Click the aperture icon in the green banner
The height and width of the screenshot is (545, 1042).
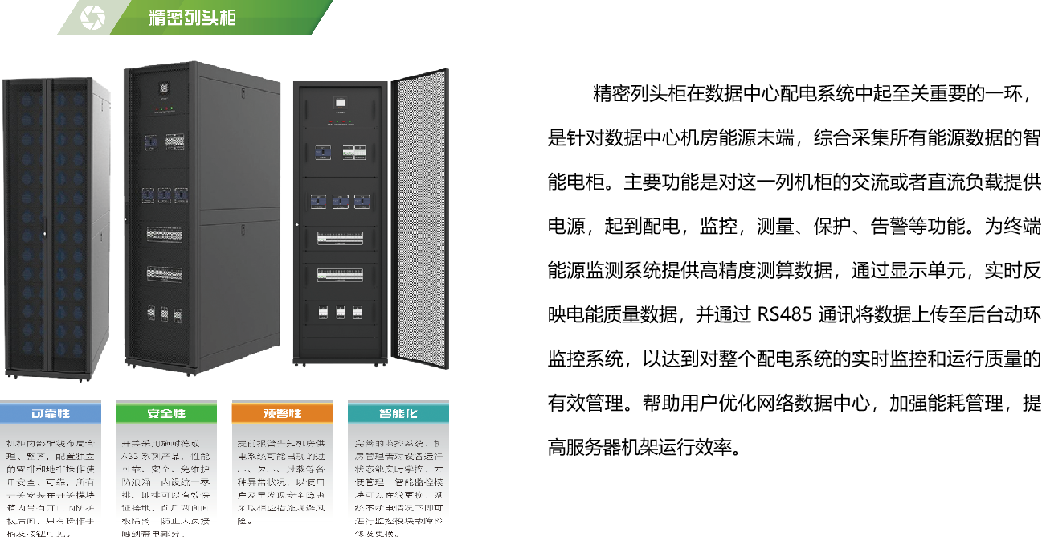pyautogui.click(x=92, y=17)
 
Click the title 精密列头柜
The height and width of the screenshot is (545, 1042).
pyautogui.click(x=193, y=17)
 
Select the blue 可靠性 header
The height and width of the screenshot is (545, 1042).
pyautogui.click(x=51, y=413)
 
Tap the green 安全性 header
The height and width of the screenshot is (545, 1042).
pyautogui.click(x=166, y=413)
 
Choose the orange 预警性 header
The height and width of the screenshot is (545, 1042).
pyautogui.click(x=282, y=413)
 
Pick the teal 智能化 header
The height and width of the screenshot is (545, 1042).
pyautogui.click(x=398, y=413)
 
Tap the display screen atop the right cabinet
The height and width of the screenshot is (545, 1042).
pyautogui.click(x=340, y=104)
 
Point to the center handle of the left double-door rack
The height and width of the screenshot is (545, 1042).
pyautogui.click(x=45, y=234)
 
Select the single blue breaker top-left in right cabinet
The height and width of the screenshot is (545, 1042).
pyautogui.click(x=321, y=151)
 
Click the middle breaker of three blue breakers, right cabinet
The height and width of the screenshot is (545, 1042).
pyautogui.click(x=340, y=201)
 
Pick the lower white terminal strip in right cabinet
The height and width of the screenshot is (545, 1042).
pyautogui.click(x=340, y=275)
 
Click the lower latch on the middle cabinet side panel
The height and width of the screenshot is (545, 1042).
pyautogui.click(x=243, y=231)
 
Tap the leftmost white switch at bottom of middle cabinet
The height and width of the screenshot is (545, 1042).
pyautogui.click(x=150, y=313)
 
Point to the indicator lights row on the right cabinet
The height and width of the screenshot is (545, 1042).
pyautogui.click(x=340, y=121)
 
